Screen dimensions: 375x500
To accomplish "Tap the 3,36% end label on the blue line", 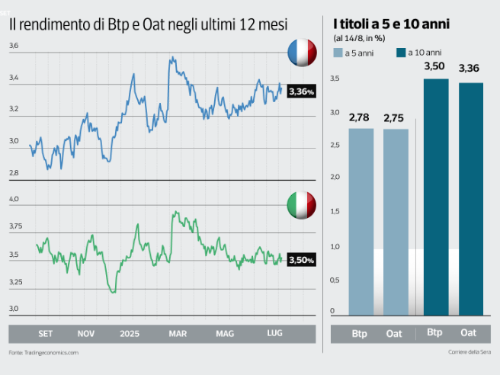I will [x=301, y=91].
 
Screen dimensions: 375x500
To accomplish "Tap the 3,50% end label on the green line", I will [x=301, y=261].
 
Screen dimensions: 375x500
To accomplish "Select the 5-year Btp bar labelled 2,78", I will [x=361, y=221].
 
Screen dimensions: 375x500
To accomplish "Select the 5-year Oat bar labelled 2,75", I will [x=396, y=221].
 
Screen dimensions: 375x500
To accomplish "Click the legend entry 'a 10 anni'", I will [x=423, y=53].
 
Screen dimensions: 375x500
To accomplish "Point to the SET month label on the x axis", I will [x=46, y=334].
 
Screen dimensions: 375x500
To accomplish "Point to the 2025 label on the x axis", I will [x=130, y=334].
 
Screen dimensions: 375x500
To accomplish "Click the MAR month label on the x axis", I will [x=178, y=334].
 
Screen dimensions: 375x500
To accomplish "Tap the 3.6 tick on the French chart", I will [x=14, y=46].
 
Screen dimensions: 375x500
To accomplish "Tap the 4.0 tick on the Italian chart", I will [x=14, y=199].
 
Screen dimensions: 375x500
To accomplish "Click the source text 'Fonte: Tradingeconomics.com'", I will [x=43, y=353].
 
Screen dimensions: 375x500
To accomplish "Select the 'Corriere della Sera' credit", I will [x=468, y=353].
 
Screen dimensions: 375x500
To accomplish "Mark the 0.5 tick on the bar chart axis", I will [x=332, y=279].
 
